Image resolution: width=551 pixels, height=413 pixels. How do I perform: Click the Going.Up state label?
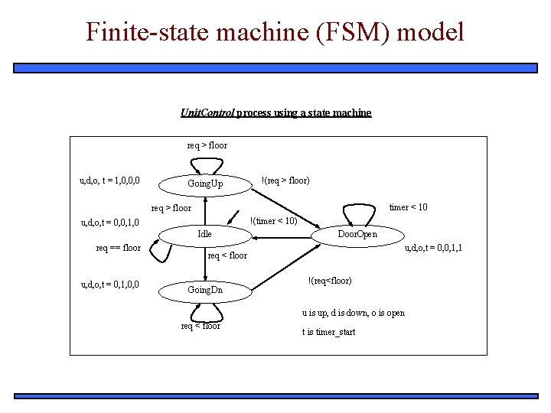[205, 184]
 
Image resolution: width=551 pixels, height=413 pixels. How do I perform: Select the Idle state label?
[204, 234]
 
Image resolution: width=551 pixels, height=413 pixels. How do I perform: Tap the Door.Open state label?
[357, 234]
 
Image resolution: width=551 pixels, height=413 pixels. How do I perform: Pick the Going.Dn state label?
[205, 291]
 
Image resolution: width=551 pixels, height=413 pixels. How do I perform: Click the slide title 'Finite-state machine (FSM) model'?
[275, 32]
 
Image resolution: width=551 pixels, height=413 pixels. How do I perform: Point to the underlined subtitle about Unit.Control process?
[275, 112]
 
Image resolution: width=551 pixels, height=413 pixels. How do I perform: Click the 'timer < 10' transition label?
[408, 207]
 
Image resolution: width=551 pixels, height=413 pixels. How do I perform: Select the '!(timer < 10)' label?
[273, 221]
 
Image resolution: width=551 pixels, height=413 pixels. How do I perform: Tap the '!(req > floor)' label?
[285, 180]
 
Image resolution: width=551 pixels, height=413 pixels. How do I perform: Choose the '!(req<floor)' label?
[329, 281]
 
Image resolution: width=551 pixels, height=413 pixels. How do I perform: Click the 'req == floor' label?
[118, 248]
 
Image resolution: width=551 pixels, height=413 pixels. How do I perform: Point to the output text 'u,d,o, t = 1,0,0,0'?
[109, 181]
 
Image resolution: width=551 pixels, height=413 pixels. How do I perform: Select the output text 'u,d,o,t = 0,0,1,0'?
[109, 223]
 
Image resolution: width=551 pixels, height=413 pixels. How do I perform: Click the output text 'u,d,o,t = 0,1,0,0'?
[109, 285]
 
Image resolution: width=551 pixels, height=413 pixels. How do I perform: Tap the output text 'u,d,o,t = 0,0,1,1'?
[432, 248]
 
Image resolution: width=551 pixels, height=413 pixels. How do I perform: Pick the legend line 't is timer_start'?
[329, 332]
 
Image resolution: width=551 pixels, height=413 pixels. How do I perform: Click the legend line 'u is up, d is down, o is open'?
[353, 313]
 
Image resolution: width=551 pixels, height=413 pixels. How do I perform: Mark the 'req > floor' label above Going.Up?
[207, 145]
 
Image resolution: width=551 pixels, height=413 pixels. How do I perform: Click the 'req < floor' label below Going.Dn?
[201, 326]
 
